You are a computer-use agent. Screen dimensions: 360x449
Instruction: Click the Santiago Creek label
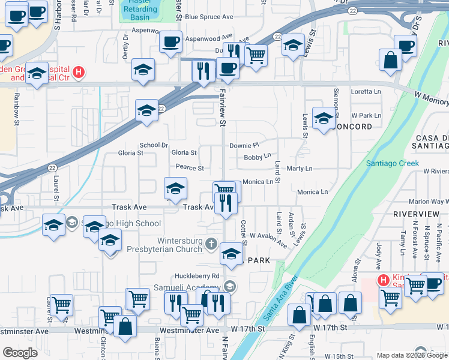[x=390, y=163]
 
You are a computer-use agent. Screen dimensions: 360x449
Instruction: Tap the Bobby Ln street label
[x=258, y=157]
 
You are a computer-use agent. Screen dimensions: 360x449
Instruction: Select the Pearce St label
[x=190, y=168]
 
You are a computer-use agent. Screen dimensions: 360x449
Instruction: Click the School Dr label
[x=154, y=145]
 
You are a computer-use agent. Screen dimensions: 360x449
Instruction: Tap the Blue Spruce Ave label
[x=208, y=17]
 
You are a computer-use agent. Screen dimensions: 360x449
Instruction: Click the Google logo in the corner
[x=20, y=352]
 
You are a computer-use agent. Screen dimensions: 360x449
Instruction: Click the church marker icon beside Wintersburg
[x=211, y=244]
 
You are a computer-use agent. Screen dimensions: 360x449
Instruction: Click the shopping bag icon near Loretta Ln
[x=390, y=60]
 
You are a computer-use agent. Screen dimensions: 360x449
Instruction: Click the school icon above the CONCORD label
[x=323, y=119]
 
